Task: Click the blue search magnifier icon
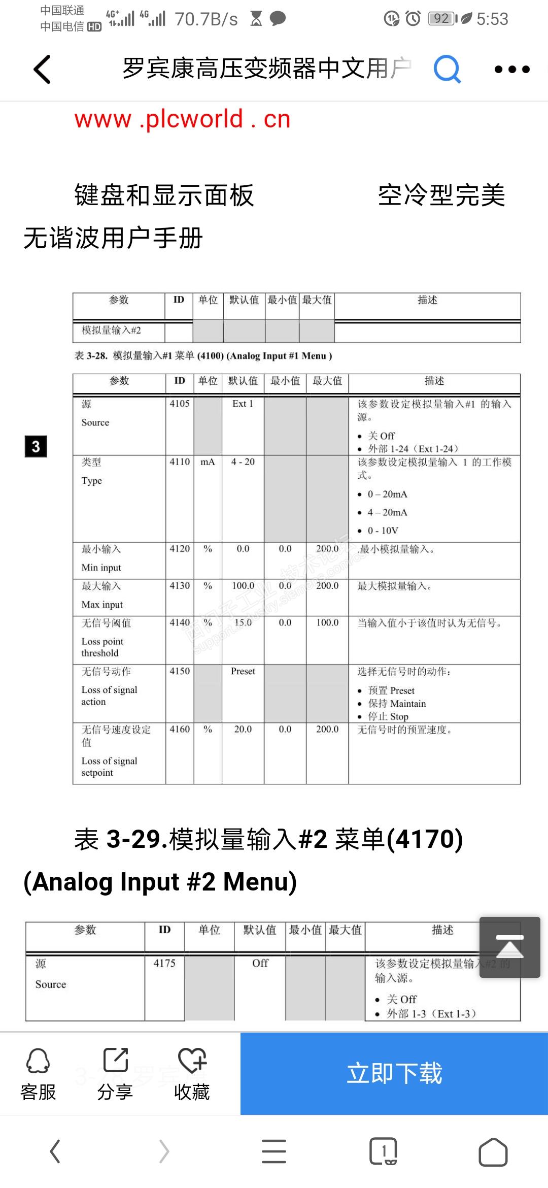[447, 69]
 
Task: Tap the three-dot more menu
[512, 69]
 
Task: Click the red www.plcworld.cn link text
[182, 119]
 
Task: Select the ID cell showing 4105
[180, 404]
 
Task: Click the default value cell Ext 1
[243, 404]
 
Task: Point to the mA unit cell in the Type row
[208, 462]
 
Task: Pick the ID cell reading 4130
[180, 586]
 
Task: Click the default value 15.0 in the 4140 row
[243, 622]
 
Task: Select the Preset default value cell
[243, 671]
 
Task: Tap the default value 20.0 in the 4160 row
[243, 729]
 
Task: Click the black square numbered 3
[36, 446]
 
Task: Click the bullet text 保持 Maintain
[397, 704]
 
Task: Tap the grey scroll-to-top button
[509, 947]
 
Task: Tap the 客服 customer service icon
[38, 1061]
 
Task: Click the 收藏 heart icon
[192, 1061]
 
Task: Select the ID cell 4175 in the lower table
[164, 963]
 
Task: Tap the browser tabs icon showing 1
[383, 1151]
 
